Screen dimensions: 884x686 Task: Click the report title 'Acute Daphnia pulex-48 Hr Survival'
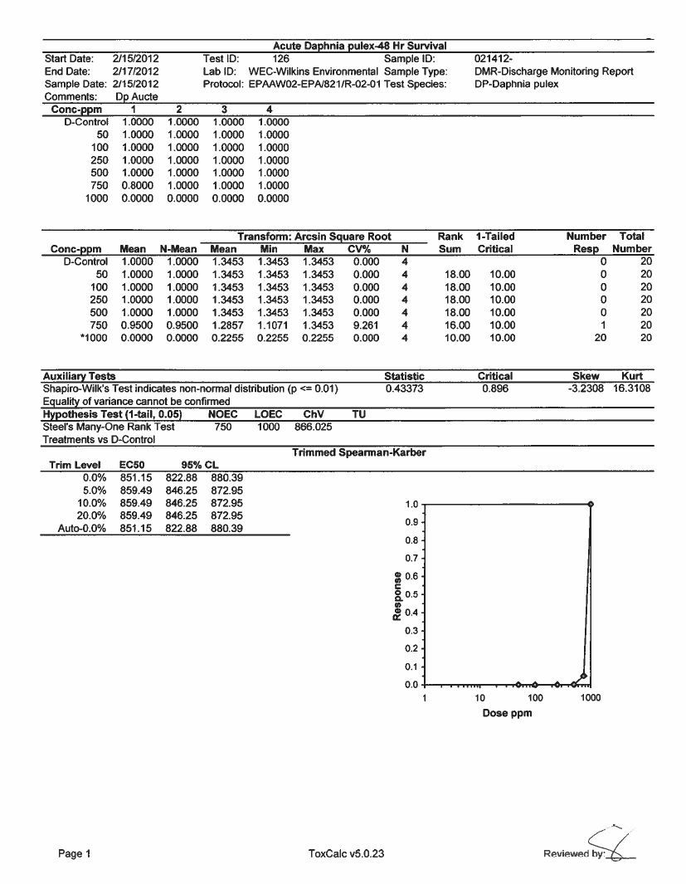(361, 46)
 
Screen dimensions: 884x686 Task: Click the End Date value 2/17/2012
(135, 71)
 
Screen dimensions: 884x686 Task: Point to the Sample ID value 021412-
(494, 59)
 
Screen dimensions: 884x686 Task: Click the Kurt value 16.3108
(631, 388)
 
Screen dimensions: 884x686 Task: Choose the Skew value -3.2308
(586, 388)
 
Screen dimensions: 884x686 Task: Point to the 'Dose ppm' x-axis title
(507, 713)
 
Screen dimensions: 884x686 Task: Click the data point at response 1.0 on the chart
(591, 504)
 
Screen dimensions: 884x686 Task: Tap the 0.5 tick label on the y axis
(411, 594)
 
